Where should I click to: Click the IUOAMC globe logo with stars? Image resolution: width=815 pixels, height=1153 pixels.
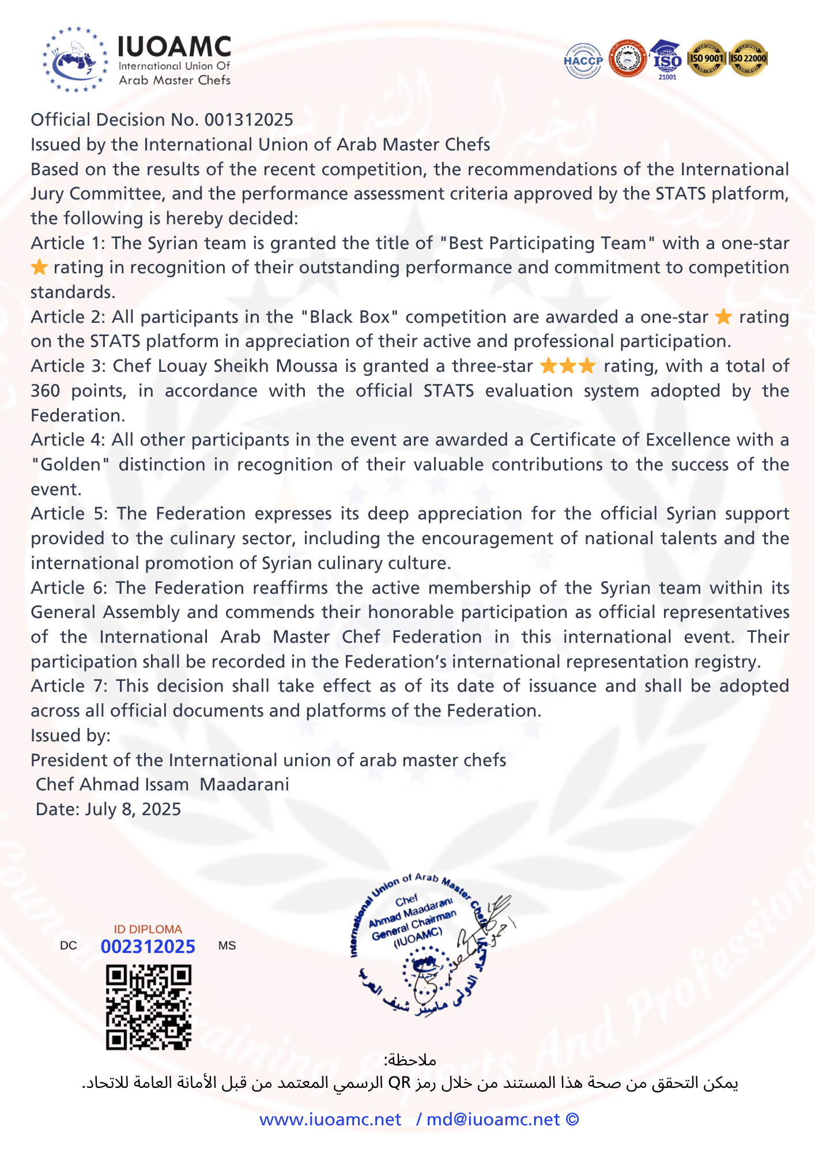75,59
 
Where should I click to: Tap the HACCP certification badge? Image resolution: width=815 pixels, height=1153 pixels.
583,61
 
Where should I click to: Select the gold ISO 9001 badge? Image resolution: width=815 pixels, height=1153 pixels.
707,58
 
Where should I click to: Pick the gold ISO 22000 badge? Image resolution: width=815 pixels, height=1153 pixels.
748,58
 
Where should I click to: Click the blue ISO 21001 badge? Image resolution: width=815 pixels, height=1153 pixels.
667,59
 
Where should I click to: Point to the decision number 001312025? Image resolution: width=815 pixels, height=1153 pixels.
249,120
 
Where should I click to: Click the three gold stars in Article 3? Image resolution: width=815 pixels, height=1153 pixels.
568,366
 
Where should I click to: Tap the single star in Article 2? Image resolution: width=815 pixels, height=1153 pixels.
723,316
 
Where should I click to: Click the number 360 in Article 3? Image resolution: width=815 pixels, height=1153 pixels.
45,391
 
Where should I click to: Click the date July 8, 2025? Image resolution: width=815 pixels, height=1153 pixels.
133,809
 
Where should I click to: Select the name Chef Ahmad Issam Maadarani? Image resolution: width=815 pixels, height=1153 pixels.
163,785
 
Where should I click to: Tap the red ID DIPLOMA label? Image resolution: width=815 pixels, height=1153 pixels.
148,929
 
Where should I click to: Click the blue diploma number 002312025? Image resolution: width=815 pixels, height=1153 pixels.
148,947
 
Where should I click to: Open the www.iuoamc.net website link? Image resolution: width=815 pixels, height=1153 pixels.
330,1120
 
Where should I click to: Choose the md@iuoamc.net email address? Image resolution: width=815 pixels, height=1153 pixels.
493,1120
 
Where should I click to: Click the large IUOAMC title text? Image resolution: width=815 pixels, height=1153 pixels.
174,46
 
